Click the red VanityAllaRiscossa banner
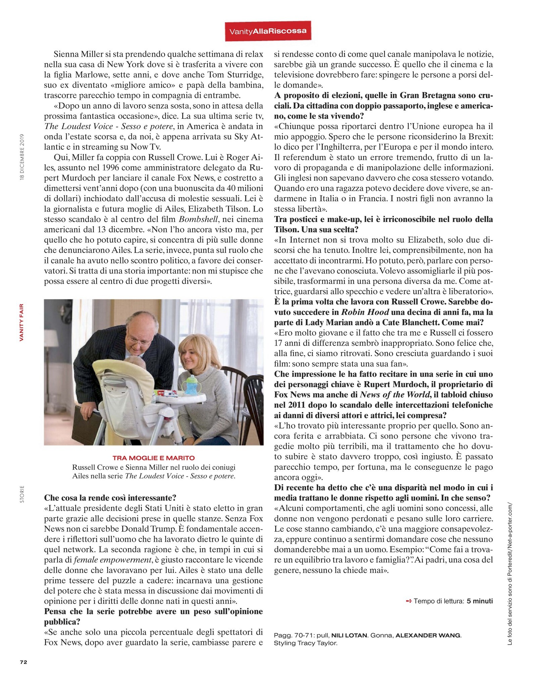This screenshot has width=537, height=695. pos(267,31)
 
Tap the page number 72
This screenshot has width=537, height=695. pos(23,662)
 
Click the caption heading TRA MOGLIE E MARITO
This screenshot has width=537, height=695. pos(153,458)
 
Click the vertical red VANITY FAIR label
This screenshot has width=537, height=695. pos(21,322)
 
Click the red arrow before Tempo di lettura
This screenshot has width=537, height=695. pos(409,601)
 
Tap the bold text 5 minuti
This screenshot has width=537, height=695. pos(480,601)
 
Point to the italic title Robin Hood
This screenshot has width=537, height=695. pos(365,312)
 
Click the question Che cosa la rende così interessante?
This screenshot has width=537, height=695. pos(110,497)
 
